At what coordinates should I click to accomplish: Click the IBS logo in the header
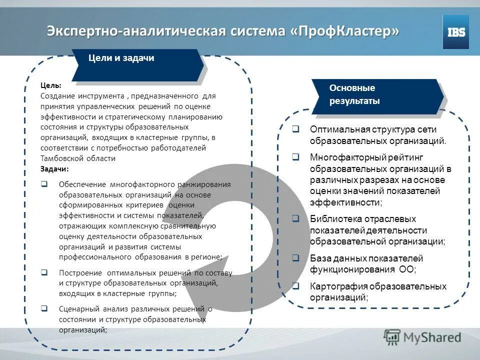(x=455, y=32)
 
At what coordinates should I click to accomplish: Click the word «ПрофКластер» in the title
(x=345, y=30)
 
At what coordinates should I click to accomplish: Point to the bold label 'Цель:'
(x=51, y=85)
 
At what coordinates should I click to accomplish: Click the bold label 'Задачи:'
(x=54, y=169)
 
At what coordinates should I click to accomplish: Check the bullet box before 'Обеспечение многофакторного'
(x=44, y=184)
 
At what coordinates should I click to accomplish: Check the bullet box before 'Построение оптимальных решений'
(x=44, y=273)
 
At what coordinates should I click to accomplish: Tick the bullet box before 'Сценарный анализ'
(x=44, y=308)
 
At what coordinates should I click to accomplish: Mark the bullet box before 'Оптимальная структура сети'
(x=295, y=129)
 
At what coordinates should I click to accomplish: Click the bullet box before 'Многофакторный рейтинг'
(x=295, y=157)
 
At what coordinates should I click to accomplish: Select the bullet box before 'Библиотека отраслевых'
(x=295, y=219)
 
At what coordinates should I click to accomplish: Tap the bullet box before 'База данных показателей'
(x=295, y=258)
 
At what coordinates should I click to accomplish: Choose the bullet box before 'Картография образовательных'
(x=295, y=286)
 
